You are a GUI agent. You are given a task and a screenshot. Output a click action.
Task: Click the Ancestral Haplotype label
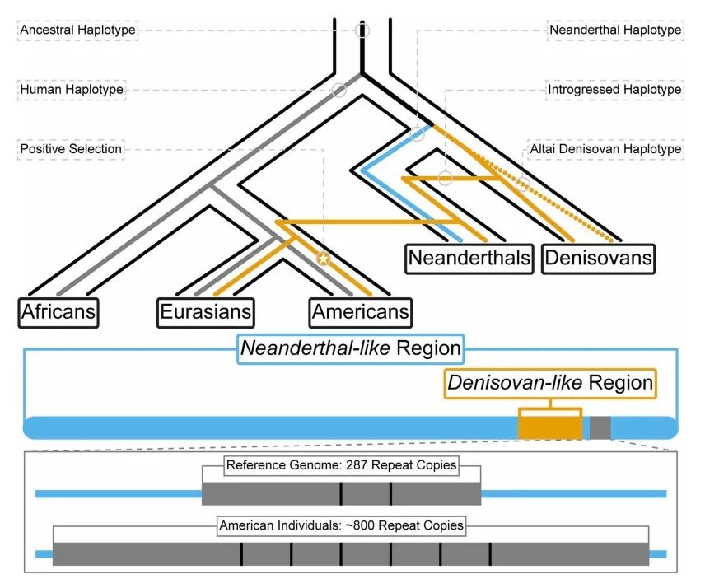click(77, 30)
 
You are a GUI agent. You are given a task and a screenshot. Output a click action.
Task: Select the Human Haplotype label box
click(71, 89)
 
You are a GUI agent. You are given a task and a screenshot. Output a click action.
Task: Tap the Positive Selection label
click(71, 149)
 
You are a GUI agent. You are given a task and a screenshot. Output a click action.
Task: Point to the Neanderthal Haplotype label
click(614, 30)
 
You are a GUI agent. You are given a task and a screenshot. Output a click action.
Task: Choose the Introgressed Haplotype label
click(614, 89)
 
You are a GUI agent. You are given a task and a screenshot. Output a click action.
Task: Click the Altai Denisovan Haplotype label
click(605, 149)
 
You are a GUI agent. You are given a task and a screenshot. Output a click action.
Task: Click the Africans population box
click(58, 312)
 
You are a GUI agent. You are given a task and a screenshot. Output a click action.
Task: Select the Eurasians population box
click(206, 312)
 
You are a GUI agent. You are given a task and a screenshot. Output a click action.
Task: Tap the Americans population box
click(360, 312)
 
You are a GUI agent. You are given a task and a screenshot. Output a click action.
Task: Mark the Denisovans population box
click(599, 259)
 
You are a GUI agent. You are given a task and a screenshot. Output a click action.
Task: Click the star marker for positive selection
click(324, 259)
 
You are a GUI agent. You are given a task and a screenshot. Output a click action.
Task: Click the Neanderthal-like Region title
click(350, 348)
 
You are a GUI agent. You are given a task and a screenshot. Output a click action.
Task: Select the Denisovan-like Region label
click(549, 383)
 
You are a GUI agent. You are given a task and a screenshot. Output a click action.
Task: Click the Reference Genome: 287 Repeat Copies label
click(341, 465)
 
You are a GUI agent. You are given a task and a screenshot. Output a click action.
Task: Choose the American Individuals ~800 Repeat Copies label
click(341, 525)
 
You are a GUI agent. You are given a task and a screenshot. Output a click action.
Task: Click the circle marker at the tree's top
click(362, 30)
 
